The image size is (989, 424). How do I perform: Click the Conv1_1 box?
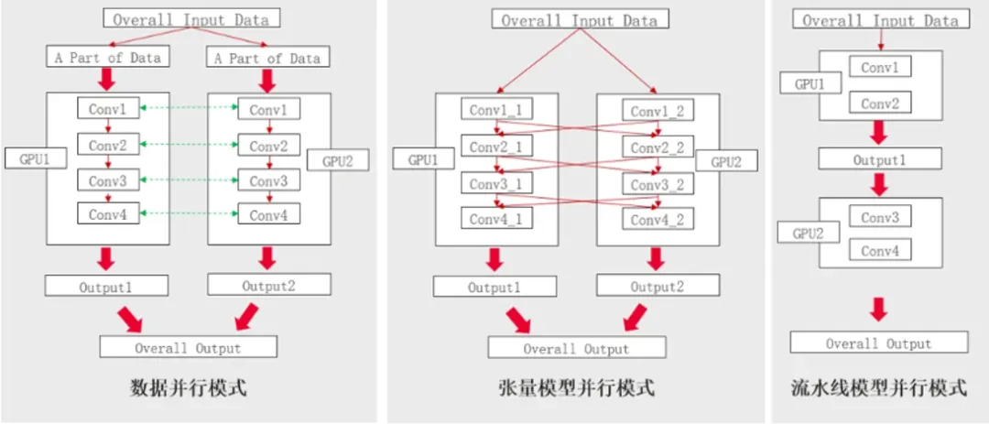(496, 112)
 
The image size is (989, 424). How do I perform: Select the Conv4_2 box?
(658, 220)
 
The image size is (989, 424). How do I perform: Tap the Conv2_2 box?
(658, 148)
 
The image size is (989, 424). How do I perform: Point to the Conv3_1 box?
(496, 184)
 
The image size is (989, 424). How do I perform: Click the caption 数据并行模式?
(189, 388)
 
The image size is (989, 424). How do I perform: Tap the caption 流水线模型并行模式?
(879, 388)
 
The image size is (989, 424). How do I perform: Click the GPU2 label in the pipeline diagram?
(804, 233)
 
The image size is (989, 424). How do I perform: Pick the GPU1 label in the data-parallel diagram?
(27, 158)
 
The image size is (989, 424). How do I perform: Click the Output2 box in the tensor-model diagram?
(656, 288)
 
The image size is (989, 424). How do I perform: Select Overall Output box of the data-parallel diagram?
(188, 347)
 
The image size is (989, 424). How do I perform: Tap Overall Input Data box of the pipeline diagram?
(880, 20)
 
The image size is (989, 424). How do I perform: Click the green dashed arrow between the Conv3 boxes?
(190, 180)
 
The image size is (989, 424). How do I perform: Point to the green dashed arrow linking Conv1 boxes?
(190, 110)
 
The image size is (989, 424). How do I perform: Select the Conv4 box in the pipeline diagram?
(880, 250)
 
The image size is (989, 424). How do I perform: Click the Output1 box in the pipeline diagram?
(879, 158)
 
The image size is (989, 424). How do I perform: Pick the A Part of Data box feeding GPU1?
(106, 57)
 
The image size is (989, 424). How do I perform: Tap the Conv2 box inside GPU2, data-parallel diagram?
(269, 146)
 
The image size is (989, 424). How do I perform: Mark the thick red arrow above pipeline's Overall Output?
(879, 308)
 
